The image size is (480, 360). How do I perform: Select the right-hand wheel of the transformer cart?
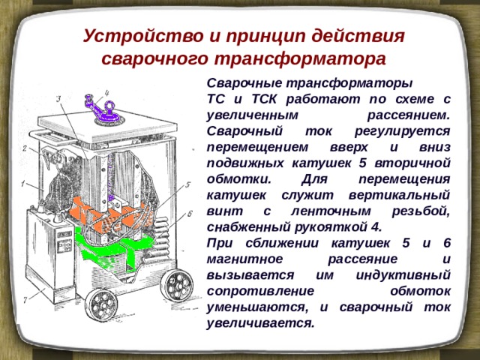point(177,286)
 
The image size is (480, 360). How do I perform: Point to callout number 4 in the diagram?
point(107,92)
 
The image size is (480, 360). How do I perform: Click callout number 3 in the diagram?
point(58,98)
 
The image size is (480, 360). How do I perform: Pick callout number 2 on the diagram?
point(25,148)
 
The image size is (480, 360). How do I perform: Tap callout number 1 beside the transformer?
point(22,184)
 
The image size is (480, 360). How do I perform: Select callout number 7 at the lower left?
point(25,300)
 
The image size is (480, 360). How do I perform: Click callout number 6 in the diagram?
point(190,213)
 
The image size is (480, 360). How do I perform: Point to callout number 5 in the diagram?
point(187,184)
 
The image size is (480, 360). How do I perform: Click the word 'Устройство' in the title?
point(143,36)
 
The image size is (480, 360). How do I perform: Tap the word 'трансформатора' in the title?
point(300,58)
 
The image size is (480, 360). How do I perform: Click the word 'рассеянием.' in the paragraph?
point(408,115)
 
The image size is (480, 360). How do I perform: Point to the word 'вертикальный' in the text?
point(399,195)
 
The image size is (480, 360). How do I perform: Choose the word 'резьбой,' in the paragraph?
point(421,211)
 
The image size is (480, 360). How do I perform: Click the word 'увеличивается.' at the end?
point(260,323)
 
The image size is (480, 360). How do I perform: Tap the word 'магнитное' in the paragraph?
point(244,259)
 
